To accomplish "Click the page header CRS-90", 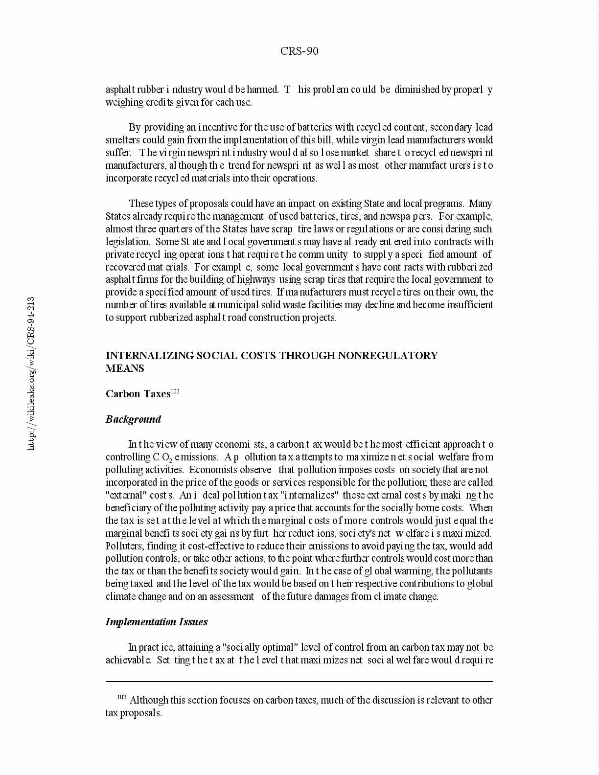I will point(299,51).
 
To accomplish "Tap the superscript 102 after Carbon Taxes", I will point(175,391).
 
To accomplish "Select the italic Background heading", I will point(133,419).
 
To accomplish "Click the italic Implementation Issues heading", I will point(157,622).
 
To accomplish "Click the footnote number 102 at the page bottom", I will point(122,697).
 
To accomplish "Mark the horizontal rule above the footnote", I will point(299,681).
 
